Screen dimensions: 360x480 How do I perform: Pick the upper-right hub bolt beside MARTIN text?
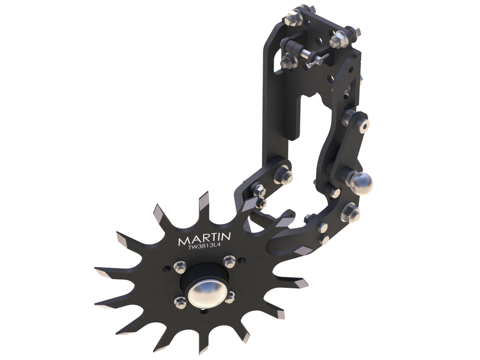click(229, 261)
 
